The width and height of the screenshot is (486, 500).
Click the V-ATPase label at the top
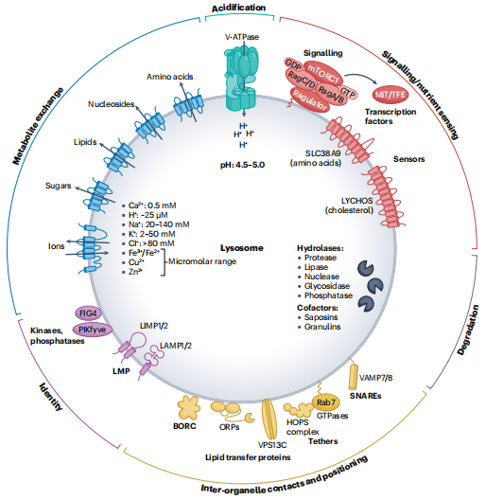pyautogui.click(x=242, y=37)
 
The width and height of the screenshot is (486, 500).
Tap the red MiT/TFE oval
pyautogui.click(x=391, y=95)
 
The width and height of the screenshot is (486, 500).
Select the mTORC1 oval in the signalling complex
pyautogui.click(x=324, y=73)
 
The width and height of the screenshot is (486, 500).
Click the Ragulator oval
pyautogui.click(x=309, y=100)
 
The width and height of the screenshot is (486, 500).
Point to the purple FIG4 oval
pyautogui.click(x=88, y=313)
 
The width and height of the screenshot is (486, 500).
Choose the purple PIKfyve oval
pyautogui.click(x=92, y=330)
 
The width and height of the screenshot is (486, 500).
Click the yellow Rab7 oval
pyautogui.click(x=326, y=402)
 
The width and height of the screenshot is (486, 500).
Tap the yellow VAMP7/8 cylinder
pyautogui.click(x=353, y=377)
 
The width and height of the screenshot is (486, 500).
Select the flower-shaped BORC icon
pyautogui.click(x=189, y=407)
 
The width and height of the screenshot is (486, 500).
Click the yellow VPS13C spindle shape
pyautogui.click(x=269, y=419)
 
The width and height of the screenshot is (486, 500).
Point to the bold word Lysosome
pyautogui.click(x=242, y=248)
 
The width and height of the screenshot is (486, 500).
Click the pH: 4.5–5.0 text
pyautogui.click(x=243, y=165)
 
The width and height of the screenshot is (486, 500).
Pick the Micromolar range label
pyautogui.click(x=202, y=261)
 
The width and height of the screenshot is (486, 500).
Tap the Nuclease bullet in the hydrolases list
pyautogui.click(x=319, y=277)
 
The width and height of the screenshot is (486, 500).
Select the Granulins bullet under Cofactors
pyautogui.click(x=320, y=327)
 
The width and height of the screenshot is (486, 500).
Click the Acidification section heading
pyautogui.click(x=239, y=8)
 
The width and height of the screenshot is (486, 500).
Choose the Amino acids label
pyautogui.click(x=170, y=77)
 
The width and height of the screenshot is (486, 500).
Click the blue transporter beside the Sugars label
pyautogui.click(x=98, y=196)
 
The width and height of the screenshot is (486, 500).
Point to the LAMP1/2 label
pyautogui.click(x=176, y=346)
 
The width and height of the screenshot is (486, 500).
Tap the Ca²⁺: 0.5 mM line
pyautogui.click(x=149, y=205)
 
